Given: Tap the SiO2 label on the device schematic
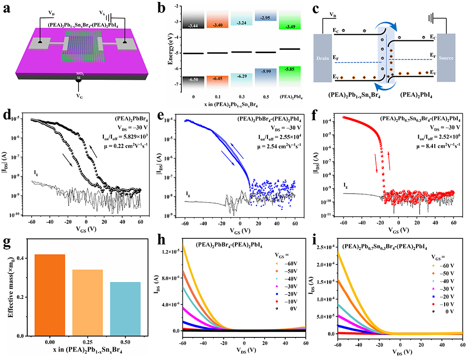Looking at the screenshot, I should [79, 75].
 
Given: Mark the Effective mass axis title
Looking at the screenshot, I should [6, 292].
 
